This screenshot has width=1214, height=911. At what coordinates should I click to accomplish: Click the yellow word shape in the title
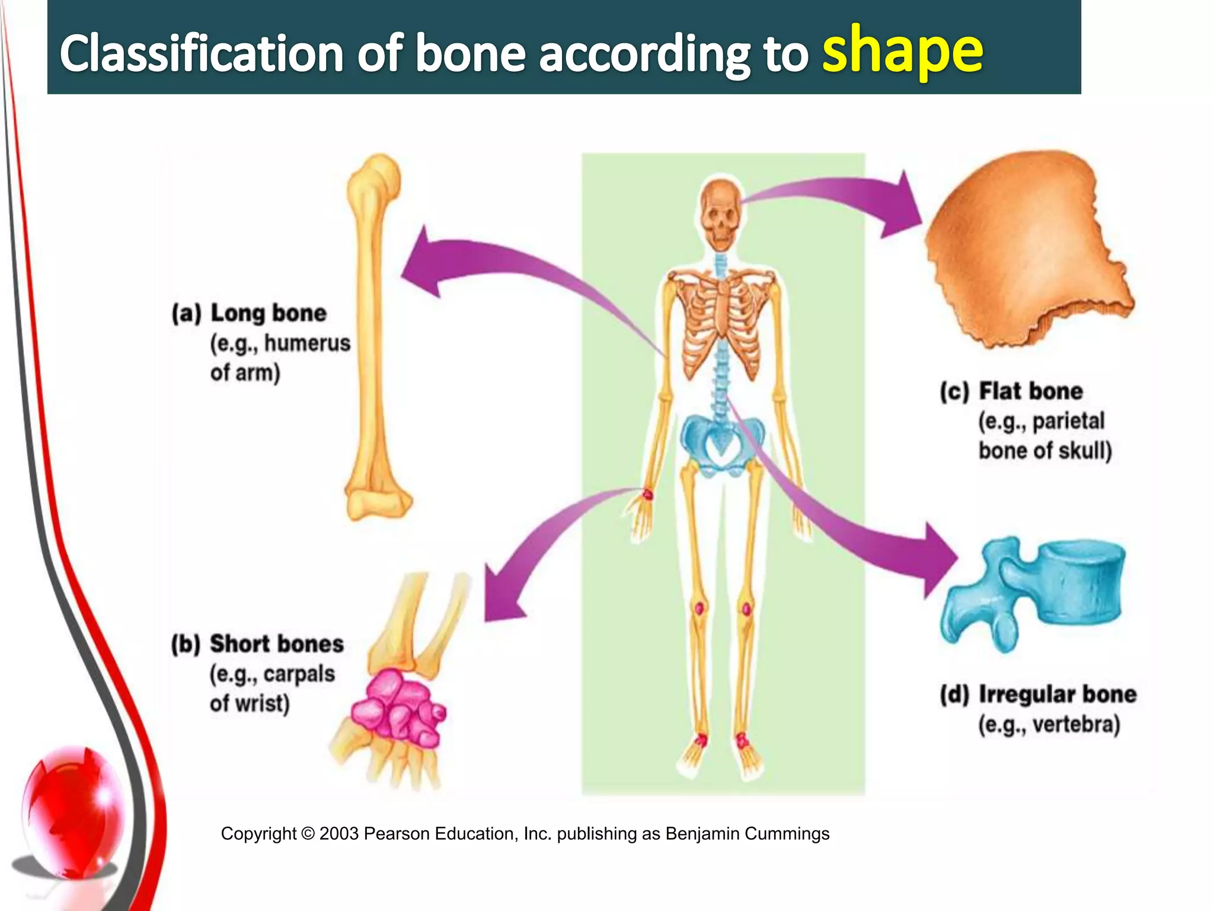point(902,52)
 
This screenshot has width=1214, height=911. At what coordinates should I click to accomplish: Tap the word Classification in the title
point(202,53)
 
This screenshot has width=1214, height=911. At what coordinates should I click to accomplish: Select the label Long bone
point(268,313)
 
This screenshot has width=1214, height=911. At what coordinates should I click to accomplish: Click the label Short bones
point(276,644)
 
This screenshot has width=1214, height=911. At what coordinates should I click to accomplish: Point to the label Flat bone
point(1030,391)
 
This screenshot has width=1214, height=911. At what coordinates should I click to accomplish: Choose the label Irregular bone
point(1057,695)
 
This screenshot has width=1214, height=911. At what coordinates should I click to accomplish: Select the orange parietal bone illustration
point(1025,249)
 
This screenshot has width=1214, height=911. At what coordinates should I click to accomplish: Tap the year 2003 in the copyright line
point(338,834)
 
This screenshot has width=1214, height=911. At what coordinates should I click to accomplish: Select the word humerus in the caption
point(307,343)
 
